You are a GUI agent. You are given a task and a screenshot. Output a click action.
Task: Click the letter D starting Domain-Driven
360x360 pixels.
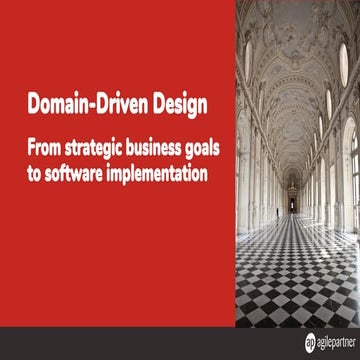click(33, 102)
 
